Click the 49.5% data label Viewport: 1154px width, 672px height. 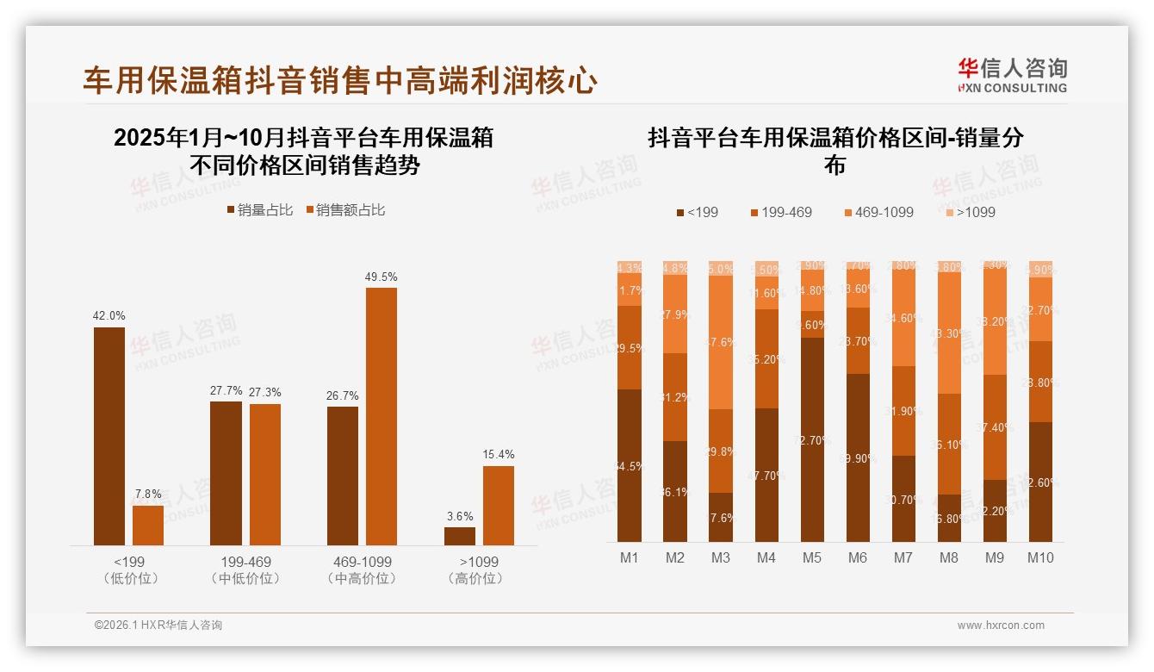coord(382,277)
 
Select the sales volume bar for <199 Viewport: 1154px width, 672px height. coord(109,436)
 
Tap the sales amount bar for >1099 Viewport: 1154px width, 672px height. coord(498,506)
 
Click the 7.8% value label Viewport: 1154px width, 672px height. coord(148,495)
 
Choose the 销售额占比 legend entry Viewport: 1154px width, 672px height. coord(344,210)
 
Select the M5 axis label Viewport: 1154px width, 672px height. coord(811,557)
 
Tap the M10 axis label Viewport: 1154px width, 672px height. coord(1040,557)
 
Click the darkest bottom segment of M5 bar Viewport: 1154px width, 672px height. coord(811,439)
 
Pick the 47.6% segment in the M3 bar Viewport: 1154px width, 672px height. coord(720,343)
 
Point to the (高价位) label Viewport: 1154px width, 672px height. coord(479,579)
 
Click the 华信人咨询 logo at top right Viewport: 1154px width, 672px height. coord(1012,75)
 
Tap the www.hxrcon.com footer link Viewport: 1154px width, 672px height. coord(1000,625)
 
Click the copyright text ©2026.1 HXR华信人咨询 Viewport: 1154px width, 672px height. coord(158,625)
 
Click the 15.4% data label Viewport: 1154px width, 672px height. coord(498,454)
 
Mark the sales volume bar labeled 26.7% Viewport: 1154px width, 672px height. coord(343,476)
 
